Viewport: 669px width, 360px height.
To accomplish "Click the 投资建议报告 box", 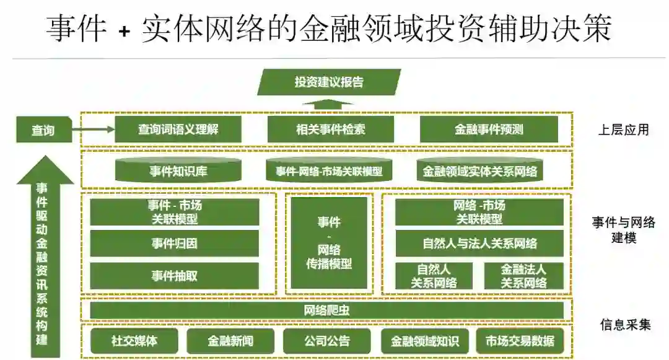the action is coord(329,82).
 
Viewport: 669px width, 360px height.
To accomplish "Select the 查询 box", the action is coord(43,130).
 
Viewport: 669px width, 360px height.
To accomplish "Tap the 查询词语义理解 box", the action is coord(178,130).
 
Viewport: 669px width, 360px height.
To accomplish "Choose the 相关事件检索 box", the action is coord(330,130).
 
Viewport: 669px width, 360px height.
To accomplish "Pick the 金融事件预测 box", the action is coord(489,130).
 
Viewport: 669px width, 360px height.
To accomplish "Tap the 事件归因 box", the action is coord(175,244).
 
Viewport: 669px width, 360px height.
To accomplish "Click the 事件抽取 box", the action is coord(175,276).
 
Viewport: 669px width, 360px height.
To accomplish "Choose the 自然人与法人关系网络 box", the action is coord(479,244).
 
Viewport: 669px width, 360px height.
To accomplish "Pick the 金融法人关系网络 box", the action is coord(523,276).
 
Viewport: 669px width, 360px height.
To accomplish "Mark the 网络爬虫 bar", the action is coord(326,310).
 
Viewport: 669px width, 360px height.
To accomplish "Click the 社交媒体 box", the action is coord(134,341).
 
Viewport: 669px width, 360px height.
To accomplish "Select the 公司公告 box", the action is coord(327,341).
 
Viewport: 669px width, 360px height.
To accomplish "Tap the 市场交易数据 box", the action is coord(520,341).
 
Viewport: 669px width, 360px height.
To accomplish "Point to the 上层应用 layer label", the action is coord(623,130).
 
